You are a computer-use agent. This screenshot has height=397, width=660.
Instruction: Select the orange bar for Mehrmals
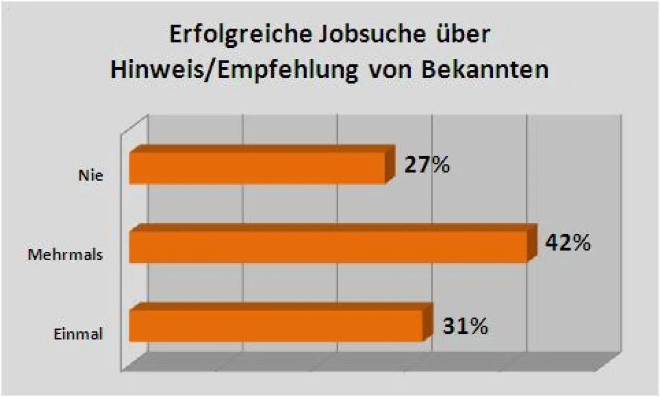point(327,246)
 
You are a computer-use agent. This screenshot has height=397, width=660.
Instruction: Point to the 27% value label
point(427,165)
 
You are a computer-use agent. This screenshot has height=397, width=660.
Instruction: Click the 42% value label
point(568,243)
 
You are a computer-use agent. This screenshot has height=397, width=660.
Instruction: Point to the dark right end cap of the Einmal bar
point(427,324)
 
